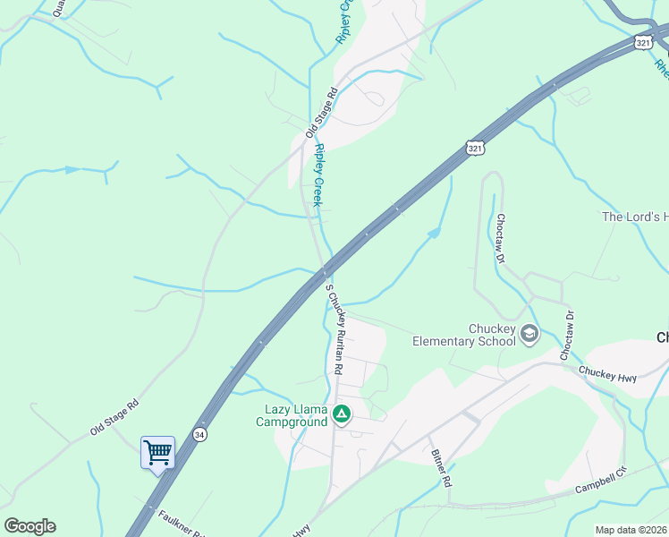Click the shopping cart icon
(x=157, y=453)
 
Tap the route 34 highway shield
(x=199, y=434)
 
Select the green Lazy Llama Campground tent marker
(x=341, y=413)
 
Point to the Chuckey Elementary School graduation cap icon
(x=529, y=334)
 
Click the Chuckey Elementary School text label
(x=465, y=335)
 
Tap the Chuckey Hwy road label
(x=607, y=374)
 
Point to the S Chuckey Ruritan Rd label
(x=334, y=328)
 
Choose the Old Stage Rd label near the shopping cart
(x=114, y=418)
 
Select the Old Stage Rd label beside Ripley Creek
(x=320, y=112)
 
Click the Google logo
(x=30, y=526)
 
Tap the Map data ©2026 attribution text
(x=631, y=530)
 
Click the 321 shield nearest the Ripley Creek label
(x=475, y=148)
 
